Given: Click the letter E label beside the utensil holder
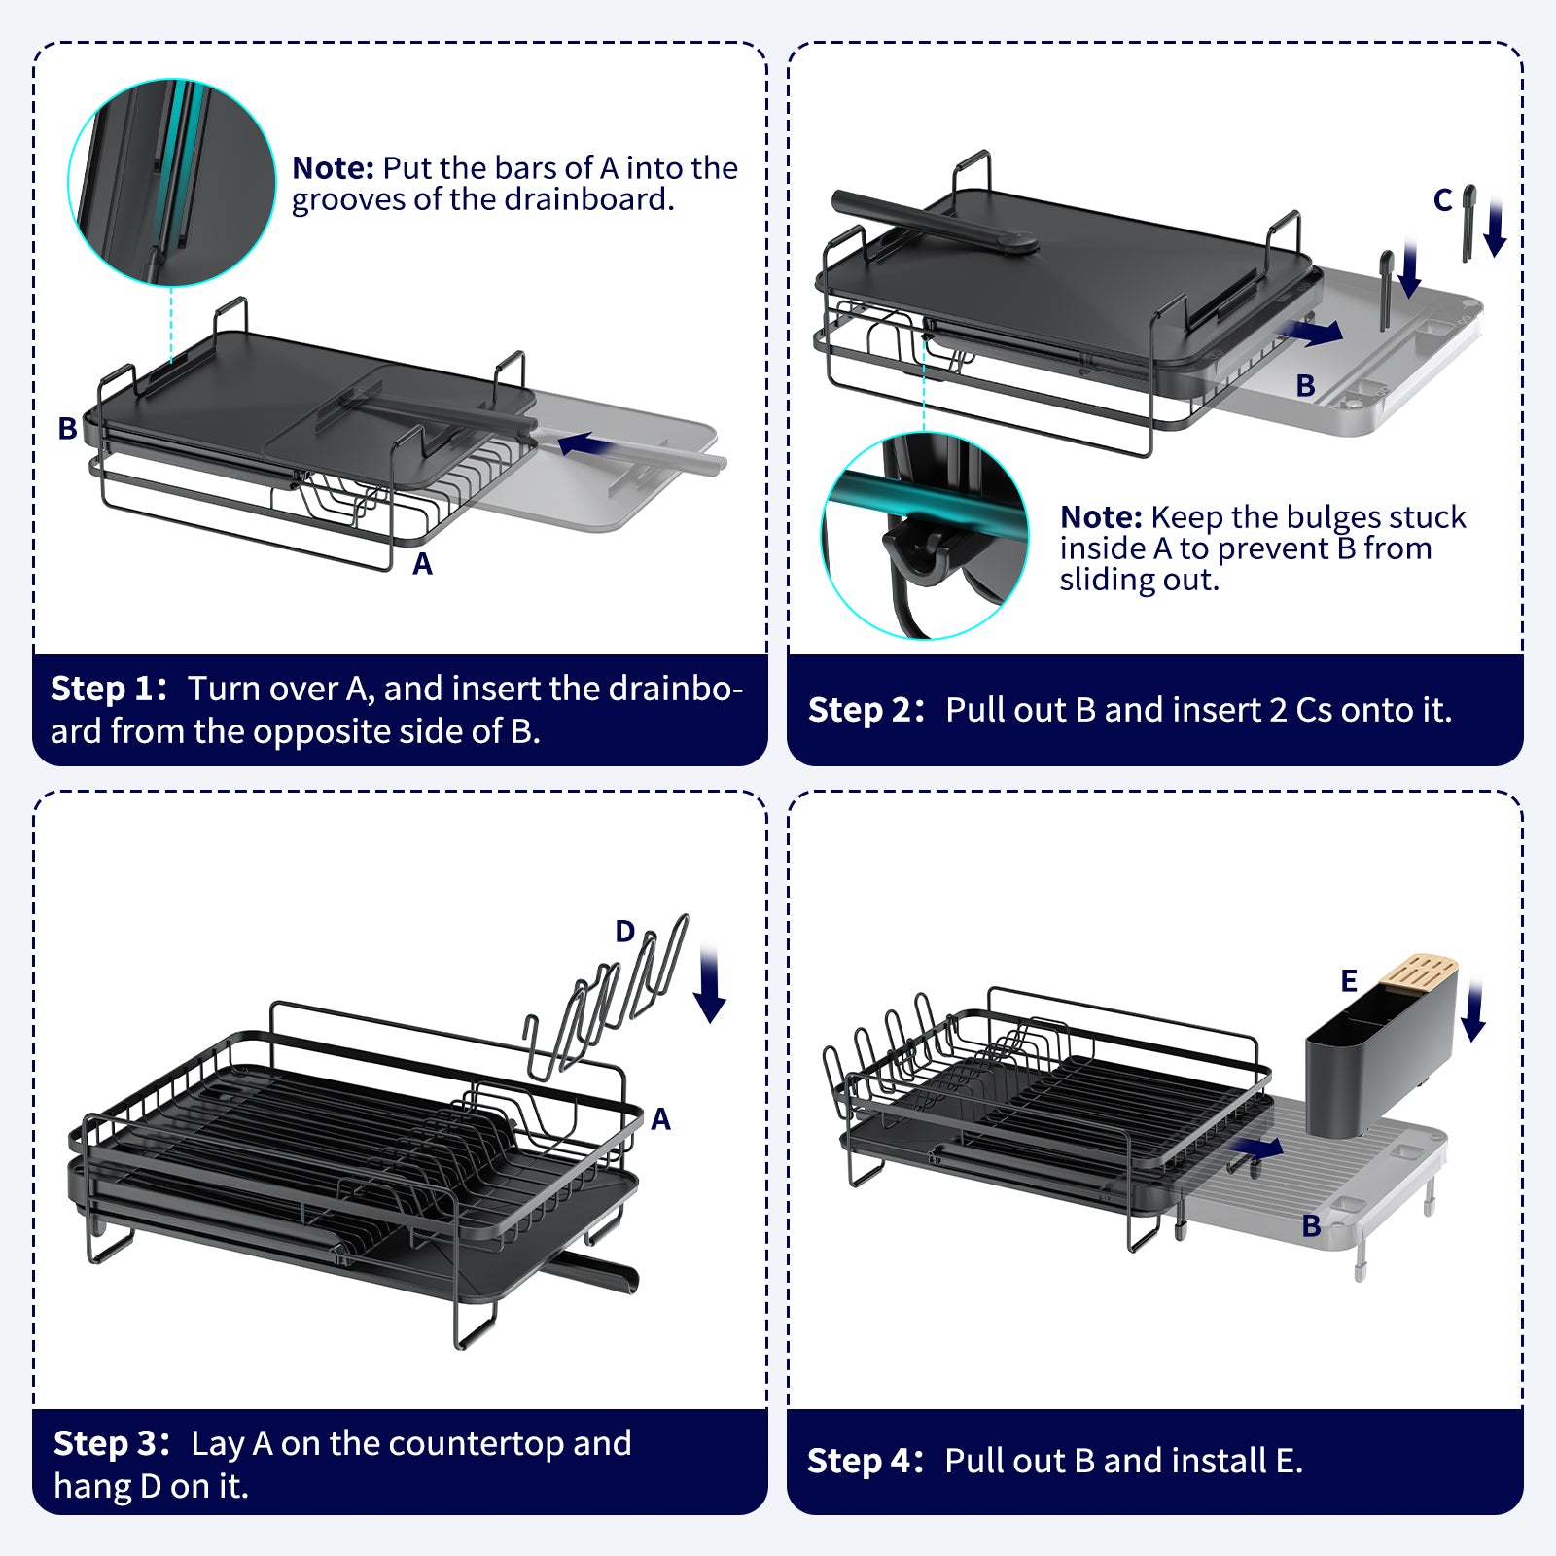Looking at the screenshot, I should click(1348, 980).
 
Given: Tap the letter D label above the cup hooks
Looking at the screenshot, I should click(624, 932).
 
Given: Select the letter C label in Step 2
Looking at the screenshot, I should click(1442, 200).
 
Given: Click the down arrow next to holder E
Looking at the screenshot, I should click(1473, 1011).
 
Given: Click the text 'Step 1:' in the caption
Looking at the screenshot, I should click(108, 689).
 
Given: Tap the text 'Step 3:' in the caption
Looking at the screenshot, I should click(111, 1443).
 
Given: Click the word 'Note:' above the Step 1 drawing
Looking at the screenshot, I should click(333, 168).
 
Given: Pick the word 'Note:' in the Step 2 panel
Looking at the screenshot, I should click(1101, 517).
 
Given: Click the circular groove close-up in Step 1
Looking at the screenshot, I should click(171, 183).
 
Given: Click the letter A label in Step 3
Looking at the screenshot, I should click(661, 1119).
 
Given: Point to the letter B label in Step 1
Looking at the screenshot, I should click(67, 428).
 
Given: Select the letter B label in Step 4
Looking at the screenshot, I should click(1311, 1226).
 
